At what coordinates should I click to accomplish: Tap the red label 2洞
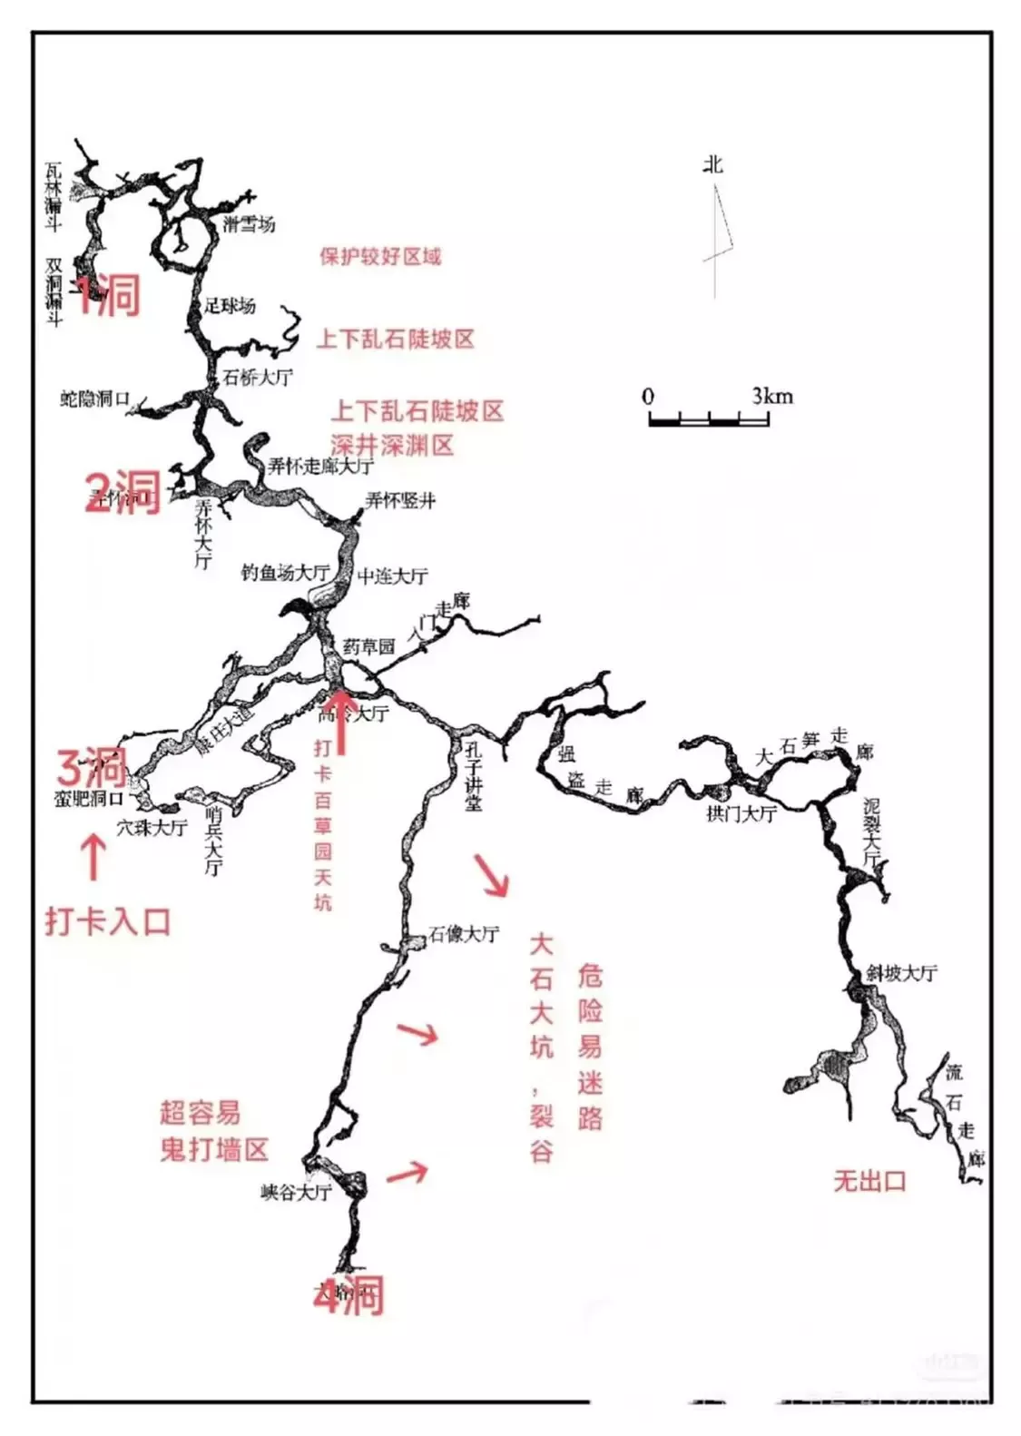[x=123, y=492]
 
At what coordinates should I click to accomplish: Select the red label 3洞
[x=92, y=767]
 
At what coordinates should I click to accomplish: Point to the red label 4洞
[x=349, y=1294]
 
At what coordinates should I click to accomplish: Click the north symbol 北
[x=712, y=164]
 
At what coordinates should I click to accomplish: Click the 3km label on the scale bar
[x=771, y=396]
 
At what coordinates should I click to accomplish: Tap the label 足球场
[x=230, y=306]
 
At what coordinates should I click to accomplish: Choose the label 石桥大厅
[x=258, y=377]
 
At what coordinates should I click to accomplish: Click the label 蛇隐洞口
[x=95, y=399]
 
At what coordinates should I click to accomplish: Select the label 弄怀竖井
[x=400, y=500]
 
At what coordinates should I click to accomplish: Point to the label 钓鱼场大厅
[x=284, y=573]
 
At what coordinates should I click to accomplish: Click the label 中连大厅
[x=392, y=575]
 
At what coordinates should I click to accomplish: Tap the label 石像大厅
[x=464, y=933]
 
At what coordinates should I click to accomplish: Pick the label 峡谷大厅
[x=296, y=1192]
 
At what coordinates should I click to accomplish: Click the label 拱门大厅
[x=741, y=813]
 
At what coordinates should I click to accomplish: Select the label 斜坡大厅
[x=901, y=973]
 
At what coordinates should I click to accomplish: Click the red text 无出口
[x=869, y=1181]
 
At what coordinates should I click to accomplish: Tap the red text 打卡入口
[x=108, y=921]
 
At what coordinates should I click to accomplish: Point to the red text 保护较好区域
[x=380, y=256]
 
